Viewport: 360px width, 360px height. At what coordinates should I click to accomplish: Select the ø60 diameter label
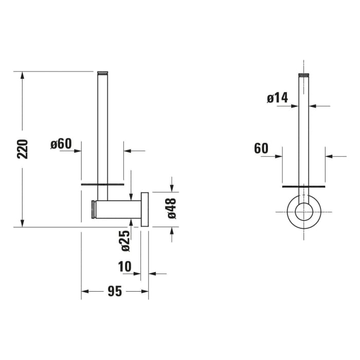click(61, 143)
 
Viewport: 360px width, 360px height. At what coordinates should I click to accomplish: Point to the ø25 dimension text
click(125, 241)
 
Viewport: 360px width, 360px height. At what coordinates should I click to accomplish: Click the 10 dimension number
click(125, 267)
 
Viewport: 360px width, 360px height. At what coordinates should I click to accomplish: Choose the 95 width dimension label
click(115, 292)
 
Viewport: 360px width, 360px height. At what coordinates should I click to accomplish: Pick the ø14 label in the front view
click(277, 98)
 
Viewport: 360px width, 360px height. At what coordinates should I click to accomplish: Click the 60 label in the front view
click(261, 149)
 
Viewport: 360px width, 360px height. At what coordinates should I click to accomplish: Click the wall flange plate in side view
click(146, 209)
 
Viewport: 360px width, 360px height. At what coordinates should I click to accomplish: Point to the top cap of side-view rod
click(103, 73)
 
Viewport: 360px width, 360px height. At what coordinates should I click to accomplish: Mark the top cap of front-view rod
click(304, 75)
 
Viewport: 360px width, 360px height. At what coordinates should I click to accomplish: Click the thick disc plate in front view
click(304, 183)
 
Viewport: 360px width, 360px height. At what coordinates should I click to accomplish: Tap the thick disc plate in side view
click(103, 183)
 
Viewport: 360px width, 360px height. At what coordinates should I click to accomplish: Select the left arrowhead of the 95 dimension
click(85, 292)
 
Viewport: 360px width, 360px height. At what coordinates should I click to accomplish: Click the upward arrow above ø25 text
click(131, 222)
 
